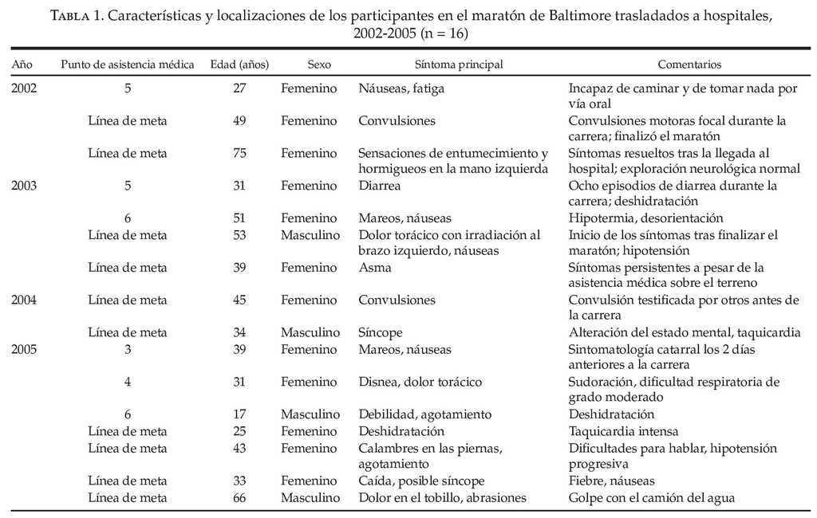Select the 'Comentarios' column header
689,64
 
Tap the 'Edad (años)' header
239,64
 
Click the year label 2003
24,186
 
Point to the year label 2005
24,349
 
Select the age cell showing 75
239,153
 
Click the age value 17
239,414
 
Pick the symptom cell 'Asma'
375,268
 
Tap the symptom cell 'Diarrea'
380,186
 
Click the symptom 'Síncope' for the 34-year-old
381,332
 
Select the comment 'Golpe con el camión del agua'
652,498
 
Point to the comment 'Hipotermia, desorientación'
645,218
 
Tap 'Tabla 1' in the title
81,17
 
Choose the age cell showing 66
239,498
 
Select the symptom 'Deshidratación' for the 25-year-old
401,431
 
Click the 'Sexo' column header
318,64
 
